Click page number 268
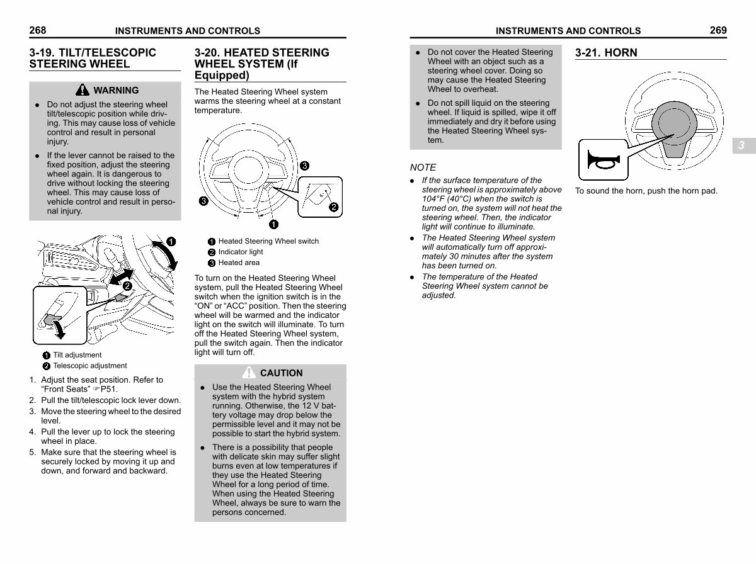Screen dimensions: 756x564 pyautogui.click(x=38, y=30)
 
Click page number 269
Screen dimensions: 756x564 pyautogui.click(x=718, y=30)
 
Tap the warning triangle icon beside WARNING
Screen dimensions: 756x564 pyautogui.click(x=83, y=90)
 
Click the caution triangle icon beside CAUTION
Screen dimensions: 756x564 pyautogui.click(x=249, y=373)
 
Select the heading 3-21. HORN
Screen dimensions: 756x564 pyautogui.click(x=606, y=53)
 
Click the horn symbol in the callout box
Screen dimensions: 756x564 pyautogui.click(x=604, y=160)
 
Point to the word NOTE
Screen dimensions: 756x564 pyautogui.click(x=423, y=167)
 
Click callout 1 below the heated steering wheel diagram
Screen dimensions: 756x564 pyautogui.click(x=273, y=224)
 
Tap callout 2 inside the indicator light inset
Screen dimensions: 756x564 pyautogui.click(x=333, y=207)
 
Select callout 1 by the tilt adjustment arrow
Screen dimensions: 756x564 pyautogui.click(x=171, y=242)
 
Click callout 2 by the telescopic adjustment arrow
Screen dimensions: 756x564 pyautogui.click(x=127, y=286)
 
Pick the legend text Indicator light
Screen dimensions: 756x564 pyautogui.click(x=241, y=252)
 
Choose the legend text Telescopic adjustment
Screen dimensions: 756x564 pyautogui.click(x=90, y=366)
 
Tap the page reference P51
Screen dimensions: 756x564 pyautogui.click(x=109, y=389)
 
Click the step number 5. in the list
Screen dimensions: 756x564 pyautogui.click(x=33, y=452)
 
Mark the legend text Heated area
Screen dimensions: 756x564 pyautogui.click(x=239, y=262)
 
